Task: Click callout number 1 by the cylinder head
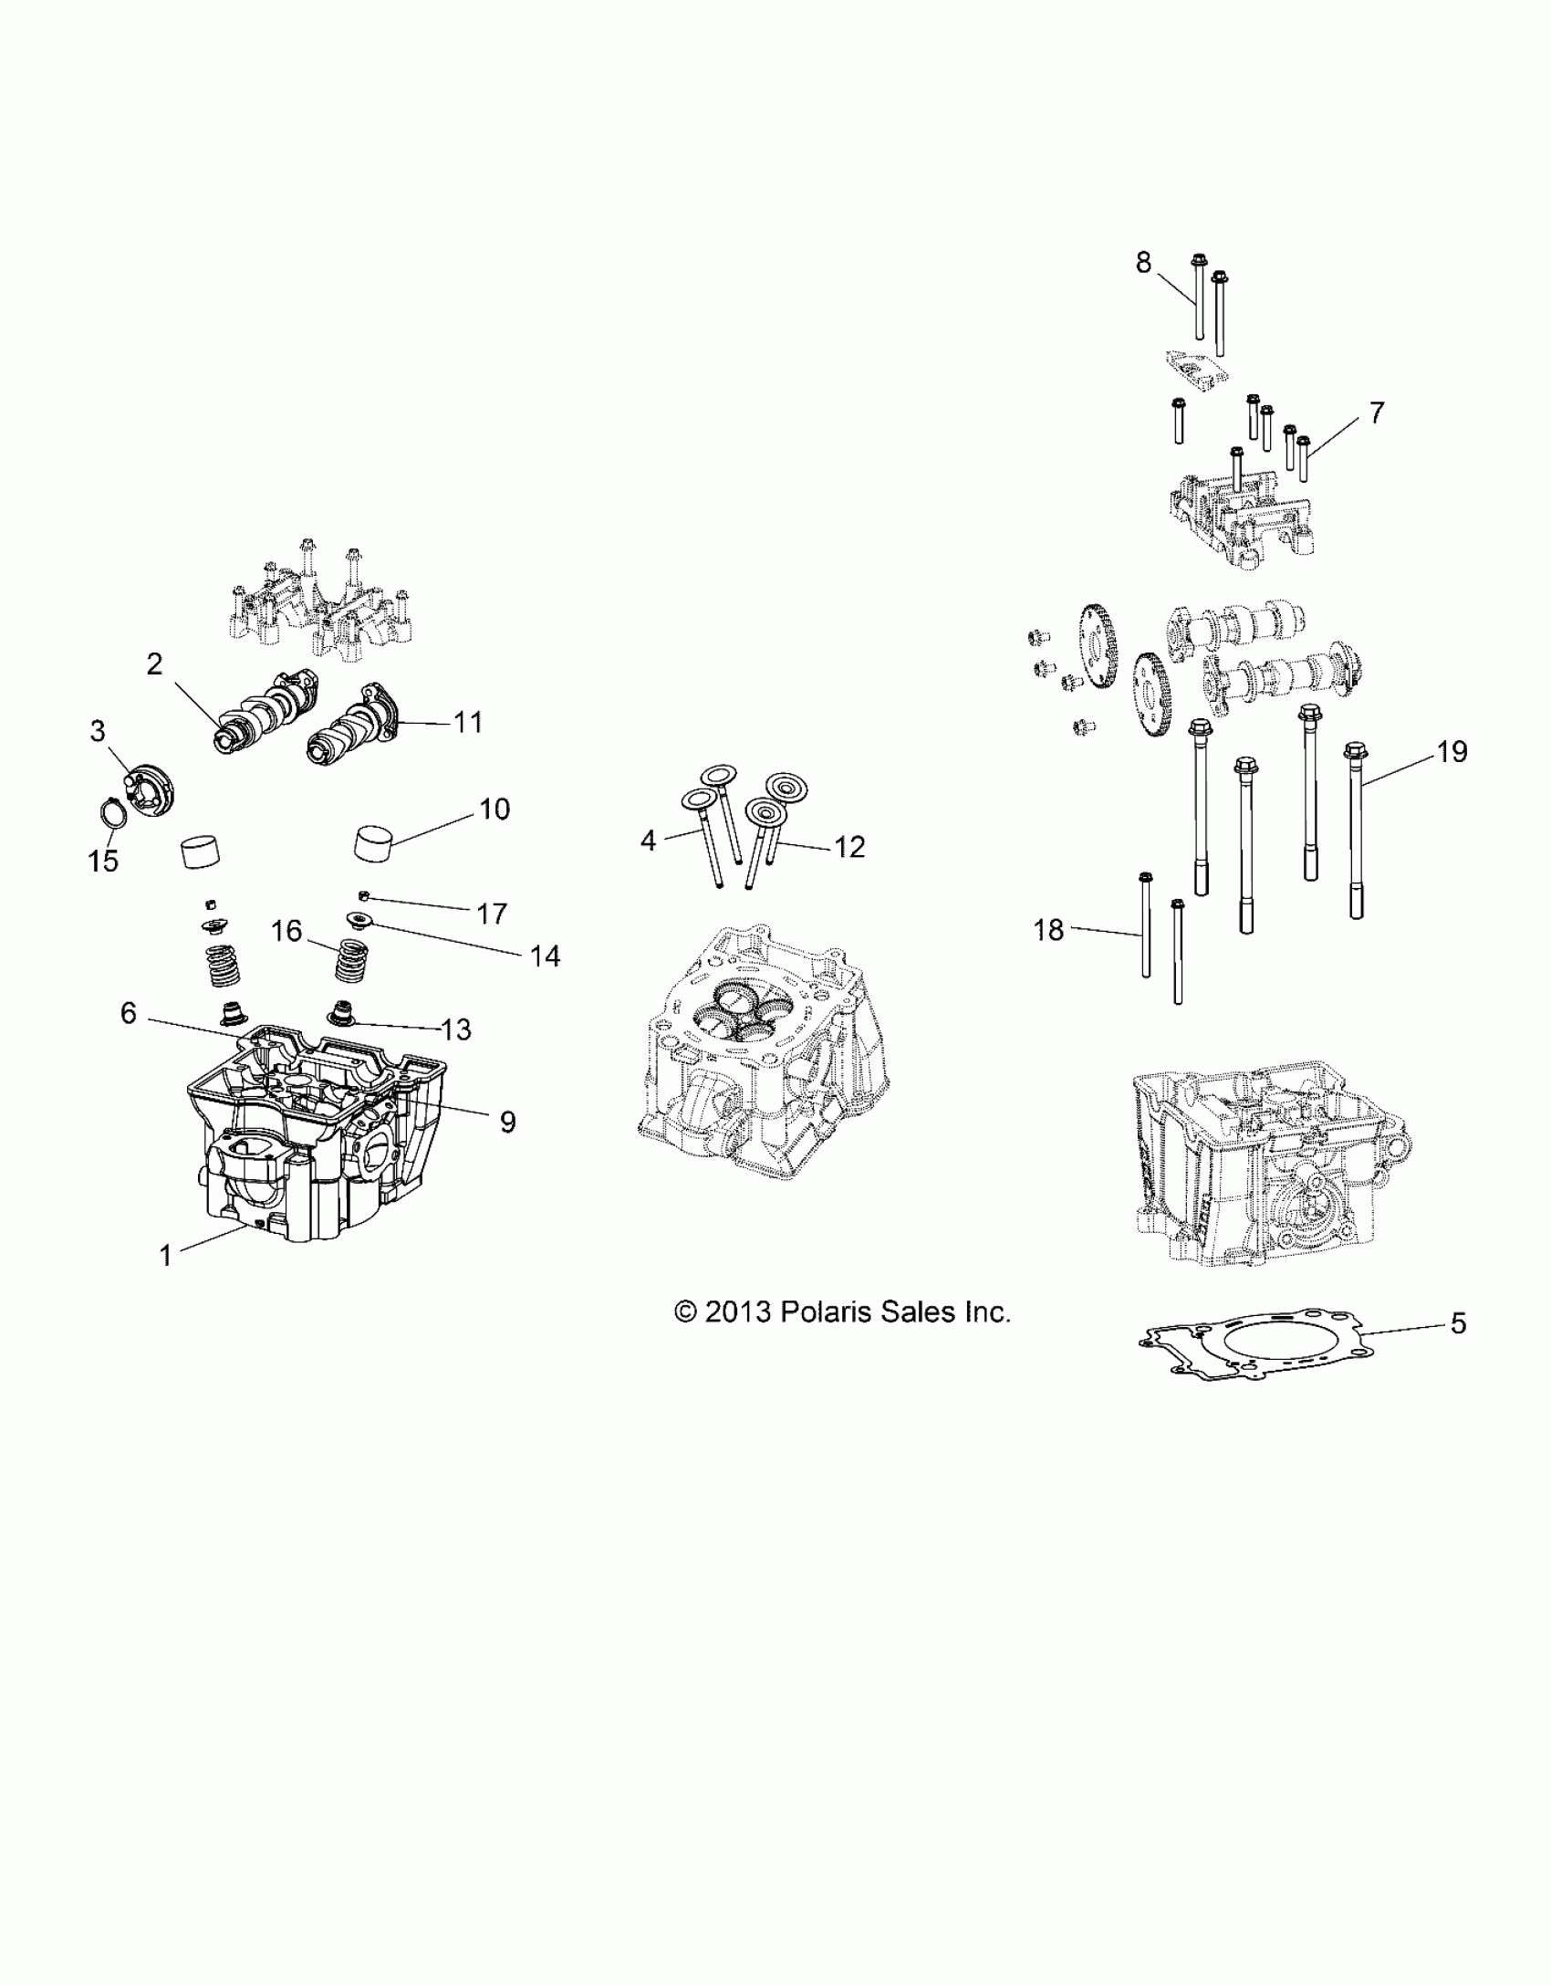[x=165, y=1256]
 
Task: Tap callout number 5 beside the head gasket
[x=1458, y=1322]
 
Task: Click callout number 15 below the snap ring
[x=103, y=860]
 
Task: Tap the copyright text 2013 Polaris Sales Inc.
[x=842, y=1312]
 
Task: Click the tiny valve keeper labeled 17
[x=363, y=893]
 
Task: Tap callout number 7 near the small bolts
[x=1376, y=413]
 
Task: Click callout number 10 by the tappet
[x=494, y=809]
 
